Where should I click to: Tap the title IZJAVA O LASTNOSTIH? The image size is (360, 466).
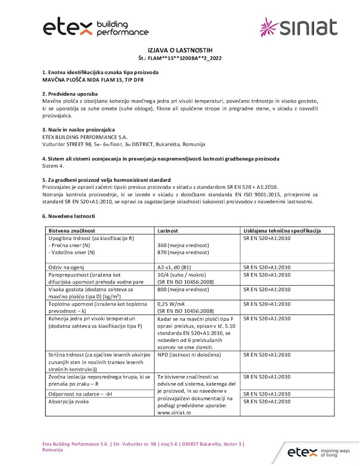(x=179, y=50)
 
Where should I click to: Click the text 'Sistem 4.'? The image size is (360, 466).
(x=53, y=166)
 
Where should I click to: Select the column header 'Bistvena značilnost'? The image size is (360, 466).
(x=72, y=231)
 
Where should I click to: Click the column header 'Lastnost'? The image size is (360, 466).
(x=168, y=231)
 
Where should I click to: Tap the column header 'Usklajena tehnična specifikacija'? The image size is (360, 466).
(x=282, y=231)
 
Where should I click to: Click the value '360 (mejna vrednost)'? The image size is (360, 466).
(x=183, y=245)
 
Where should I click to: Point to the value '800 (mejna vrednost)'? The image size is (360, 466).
(x=183, y=289)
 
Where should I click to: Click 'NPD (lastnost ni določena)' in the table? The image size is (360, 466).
(x=189, y=355)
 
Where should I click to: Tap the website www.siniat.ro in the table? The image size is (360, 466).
(x=175, y=412)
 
